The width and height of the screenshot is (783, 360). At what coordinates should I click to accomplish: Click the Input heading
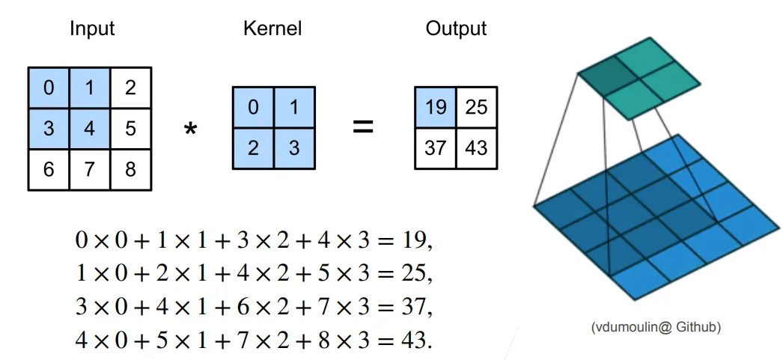coord(92,29)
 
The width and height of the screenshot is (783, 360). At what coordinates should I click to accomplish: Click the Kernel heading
coord(272,29)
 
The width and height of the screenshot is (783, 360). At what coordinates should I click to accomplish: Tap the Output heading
coord(456,29)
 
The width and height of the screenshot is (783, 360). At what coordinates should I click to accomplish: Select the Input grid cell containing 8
coord(131,169)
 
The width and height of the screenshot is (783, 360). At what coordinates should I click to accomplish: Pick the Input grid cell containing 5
coord(131,128)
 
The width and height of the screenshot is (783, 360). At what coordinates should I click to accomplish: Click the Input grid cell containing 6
coord(49,169)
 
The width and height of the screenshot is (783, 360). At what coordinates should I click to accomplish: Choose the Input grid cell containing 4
coord(90,128)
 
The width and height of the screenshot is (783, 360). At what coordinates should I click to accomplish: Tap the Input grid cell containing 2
coord(131,88)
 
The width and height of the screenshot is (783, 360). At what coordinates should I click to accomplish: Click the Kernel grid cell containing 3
coord(293,148)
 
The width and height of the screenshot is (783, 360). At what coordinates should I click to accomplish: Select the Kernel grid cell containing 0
coord(253,108)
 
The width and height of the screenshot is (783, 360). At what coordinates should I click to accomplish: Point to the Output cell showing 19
coord(435,108)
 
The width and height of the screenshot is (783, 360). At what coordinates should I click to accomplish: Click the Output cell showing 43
coord(476,148)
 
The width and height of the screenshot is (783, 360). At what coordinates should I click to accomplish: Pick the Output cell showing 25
coord(476,108)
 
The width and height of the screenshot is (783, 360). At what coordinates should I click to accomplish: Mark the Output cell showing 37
coord(435,148)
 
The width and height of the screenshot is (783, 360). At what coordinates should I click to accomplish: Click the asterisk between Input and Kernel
coord(191,130)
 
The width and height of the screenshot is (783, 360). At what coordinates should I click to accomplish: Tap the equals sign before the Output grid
coord(362,127)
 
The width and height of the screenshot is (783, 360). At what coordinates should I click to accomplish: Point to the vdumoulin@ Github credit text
coord(656,327)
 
